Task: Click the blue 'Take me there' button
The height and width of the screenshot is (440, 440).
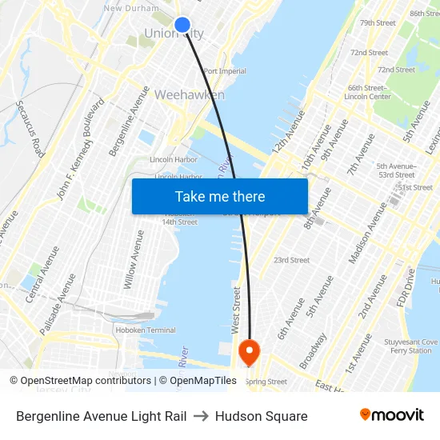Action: pos(220,196)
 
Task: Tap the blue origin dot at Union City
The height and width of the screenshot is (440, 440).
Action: pos(182,25)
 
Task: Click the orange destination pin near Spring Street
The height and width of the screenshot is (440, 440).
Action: pos(249,350)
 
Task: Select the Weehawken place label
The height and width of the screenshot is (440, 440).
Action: pos(189,94)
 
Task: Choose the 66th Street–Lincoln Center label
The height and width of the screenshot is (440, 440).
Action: pos(367,92)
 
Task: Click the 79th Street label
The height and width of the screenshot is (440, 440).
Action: pos(378,22)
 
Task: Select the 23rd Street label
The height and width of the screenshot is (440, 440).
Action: pos(291,260)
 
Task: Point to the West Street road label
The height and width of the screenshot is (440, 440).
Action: pos(236,311)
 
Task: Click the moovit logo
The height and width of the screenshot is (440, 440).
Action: pos(392,415)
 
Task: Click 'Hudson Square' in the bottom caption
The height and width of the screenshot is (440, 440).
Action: pos(261,416)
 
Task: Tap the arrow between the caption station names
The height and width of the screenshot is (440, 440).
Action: pos(201,416)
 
